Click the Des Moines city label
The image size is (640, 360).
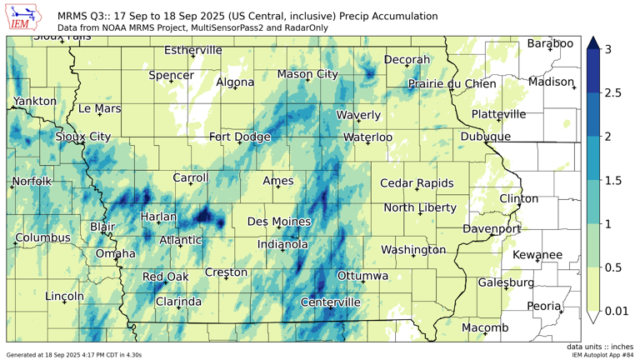click(x=279, y=222)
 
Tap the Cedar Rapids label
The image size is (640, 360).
click(x=417, y=183)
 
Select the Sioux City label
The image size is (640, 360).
click(x=82, y=137)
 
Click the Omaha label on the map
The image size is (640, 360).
click(x=115, y=253)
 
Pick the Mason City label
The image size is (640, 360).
click(x=307, y=74)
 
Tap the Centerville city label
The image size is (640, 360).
click(x=330, y=302)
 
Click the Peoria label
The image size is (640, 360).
click(x=543, y=306)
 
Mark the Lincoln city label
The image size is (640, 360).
click(x=64, y=296)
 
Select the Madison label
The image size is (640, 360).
click(x=551, y=82)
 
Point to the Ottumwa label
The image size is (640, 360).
click(x=362, y=276)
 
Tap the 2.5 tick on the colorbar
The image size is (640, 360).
click(x=612, y=93)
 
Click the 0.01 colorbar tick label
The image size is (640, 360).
click(x=617, y=312)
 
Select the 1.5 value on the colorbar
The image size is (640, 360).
click(x=612, y=180)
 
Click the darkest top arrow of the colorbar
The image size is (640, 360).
click(x=592, y=42)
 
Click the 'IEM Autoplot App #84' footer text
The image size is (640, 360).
click(x=603, y=355)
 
